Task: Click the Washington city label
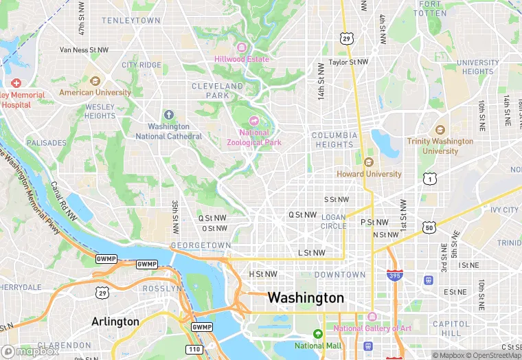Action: (x=306, y=298)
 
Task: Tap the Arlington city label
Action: (x=115, y=322)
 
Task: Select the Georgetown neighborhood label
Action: (x=201, y=245)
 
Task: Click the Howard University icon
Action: (x=369, y=162)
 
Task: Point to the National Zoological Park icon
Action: (x=254, y=121)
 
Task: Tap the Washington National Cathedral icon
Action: (x=169, y=115)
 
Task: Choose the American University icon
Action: (x=95, y=80)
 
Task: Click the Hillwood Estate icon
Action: (x=241, y=47)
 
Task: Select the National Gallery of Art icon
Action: (x=372, y=317)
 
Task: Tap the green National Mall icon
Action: (x=317, y=334)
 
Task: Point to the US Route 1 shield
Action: (x=430, y=178)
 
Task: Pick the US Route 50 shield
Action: (x=429, y=227)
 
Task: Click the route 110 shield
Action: (x=193, y=350)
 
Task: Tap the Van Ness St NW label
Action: (x=84, y=49)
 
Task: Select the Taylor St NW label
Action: (x=348, y=62)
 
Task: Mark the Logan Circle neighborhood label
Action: (x=334, y=221)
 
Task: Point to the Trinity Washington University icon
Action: (x=440, y=130)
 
